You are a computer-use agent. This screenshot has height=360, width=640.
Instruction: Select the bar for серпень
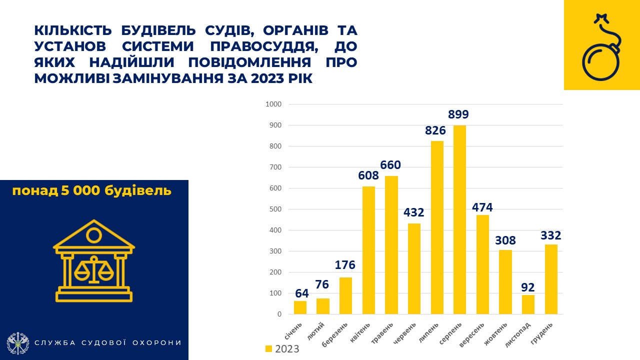pyautogui.click(x=459, y=220)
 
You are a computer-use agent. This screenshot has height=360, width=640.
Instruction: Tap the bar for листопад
pyautogui.click(x=528, y=304)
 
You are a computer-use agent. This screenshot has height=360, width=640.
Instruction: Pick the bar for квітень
pyautogui.click(x=368, y=250)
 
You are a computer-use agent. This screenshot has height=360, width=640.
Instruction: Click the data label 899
pyautogui.click(x=458, y=114)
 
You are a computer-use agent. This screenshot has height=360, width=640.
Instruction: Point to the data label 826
pyautogui.click(x=435, y=130)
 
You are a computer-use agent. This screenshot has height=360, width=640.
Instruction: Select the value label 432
pyautogui.click(x=414, y=212)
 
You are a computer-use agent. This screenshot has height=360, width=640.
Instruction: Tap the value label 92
pyautogui.click(x=527, y=287)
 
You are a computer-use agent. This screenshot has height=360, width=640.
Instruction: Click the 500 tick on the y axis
pyautogui.click(x=275, y=209)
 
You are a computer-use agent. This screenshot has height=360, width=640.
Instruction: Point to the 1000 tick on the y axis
pyautogui.click(x=273, y=104)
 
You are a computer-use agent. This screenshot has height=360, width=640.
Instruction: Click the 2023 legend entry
pyautogui.click(x=282, y=349)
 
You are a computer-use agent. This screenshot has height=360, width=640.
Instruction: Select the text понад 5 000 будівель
pyautogui.click(x=91, y=191)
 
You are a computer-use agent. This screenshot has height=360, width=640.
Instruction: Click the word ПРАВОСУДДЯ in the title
pyautogui.click(x=244, y=46)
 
